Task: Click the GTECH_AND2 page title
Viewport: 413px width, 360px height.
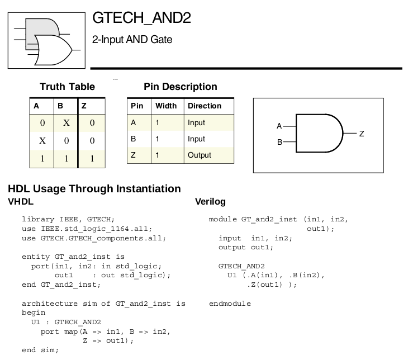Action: point(141,18)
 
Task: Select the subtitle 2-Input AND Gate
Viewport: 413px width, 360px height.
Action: point(132,40)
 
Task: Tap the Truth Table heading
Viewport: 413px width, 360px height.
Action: point(67,87)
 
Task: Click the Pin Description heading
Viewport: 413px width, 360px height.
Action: point(181,87)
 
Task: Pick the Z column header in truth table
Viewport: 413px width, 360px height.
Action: point(84,106)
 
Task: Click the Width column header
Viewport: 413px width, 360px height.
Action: point(166,106)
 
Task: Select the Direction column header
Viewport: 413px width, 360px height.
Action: point(205,106)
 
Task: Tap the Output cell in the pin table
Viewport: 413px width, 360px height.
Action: point(200,155)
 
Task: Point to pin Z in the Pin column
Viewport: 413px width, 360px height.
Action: point(133,155)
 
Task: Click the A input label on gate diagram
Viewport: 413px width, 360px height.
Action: point(279,126)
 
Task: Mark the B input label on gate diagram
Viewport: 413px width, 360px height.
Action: point(279,142)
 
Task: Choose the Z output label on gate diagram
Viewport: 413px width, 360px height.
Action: point(362,134)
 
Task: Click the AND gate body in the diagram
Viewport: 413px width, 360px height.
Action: point(316,134)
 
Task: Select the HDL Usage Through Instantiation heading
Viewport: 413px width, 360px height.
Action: point(94,188)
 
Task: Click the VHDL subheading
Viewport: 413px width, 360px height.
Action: point(21,201)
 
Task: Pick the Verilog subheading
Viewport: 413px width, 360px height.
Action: point(210,201)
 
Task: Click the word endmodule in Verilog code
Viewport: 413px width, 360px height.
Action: point(230,304)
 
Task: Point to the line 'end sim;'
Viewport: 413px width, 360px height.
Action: point(40,350)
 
